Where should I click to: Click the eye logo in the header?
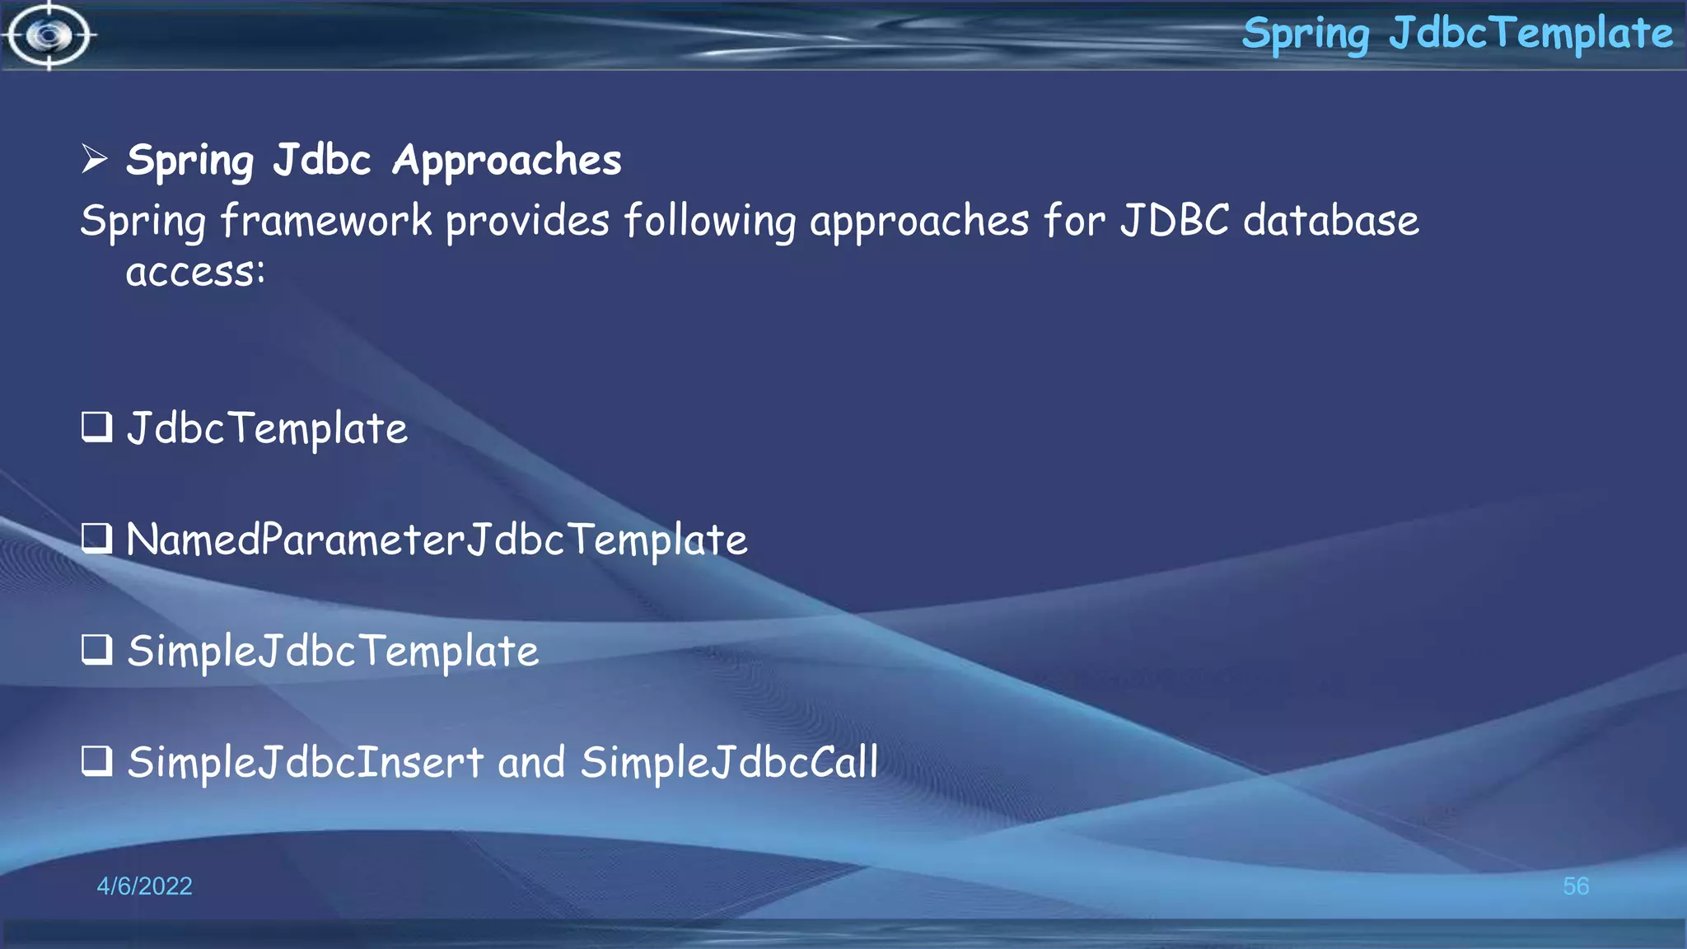(49, 35)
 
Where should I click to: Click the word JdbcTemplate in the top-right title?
(1530, 34)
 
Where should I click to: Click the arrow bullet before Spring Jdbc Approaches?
(95, 158)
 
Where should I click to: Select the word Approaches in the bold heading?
(507, 160)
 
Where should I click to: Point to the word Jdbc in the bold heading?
(322, 159)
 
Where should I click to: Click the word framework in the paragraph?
(326, 221)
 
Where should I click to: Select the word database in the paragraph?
(1330, 221)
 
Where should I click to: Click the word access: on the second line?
(195, 272)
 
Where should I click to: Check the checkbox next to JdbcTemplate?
(96, 427)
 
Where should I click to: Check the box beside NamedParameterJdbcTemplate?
(96, 539)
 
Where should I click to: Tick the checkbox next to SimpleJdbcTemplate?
(96, 650)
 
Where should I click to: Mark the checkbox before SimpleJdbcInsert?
(96, 761)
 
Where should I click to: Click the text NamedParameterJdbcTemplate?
(437, 540)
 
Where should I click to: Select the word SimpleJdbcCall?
(729, 762)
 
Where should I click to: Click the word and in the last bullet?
(531, 762)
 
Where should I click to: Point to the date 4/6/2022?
(144, 886)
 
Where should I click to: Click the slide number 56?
(1575, 886)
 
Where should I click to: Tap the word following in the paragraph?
(709, 221)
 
